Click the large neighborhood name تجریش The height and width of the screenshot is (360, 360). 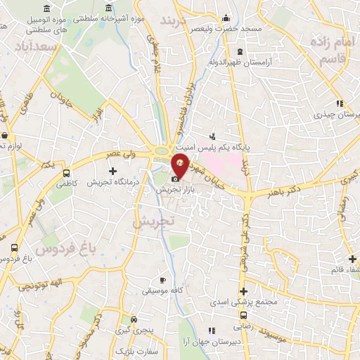tap(152, 221)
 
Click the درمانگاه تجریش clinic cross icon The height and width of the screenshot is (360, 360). tap(112, 172)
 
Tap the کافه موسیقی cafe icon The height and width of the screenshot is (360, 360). tap(163, 280)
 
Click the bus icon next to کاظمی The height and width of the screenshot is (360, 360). tap(66, 173)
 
